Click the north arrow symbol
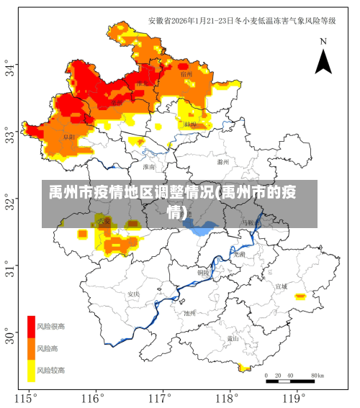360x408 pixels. point(323,58)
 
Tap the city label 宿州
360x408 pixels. point(186,74)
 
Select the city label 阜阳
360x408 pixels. point(68,136)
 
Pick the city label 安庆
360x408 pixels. point(133,294)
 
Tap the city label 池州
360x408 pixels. point(189,313)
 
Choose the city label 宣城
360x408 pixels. point(281,286)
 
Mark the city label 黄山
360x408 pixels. point(233,337)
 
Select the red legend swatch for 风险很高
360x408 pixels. point(31,327)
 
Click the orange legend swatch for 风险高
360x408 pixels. point(31,348)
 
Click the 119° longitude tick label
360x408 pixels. point(293,398)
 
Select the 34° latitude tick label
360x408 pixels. point(11,69)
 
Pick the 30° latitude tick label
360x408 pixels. point(11,336)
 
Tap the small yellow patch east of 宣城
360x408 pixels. point(300,296)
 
